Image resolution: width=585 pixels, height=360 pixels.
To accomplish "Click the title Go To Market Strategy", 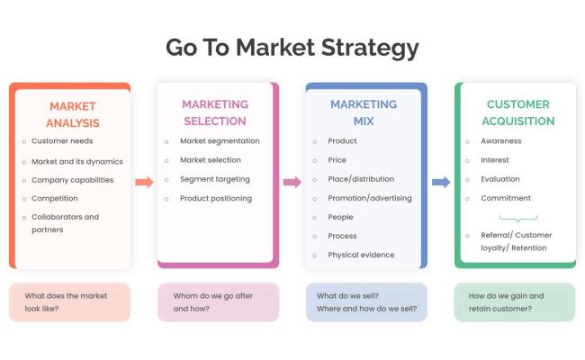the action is point(292,47).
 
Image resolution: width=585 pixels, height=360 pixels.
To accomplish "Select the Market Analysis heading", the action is point(73,114).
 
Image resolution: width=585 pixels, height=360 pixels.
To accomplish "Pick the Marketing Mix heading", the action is point(363,112).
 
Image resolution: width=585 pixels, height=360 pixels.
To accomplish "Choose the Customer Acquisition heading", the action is point(517,112).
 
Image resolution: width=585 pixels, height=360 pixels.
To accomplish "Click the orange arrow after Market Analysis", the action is point(144,182).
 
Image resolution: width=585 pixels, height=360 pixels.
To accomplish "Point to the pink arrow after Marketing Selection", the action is point(292,182).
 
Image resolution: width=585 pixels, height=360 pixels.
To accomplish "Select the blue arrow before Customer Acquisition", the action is point(441,182).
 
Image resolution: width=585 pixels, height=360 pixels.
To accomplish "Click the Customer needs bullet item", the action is point(61,141).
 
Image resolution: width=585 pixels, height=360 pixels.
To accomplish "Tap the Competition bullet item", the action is point(54,198).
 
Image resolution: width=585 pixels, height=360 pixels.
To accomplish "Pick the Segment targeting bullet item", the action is point(214,179).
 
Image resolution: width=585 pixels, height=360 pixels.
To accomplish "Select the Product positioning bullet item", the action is point(216,198).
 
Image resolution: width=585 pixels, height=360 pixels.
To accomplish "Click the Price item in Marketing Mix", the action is point(338,160).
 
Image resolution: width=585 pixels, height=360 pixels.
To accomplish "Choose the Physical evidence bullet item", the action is point(360,255).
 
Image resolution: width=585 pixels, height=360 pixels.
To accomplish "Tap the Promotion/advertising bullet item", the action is point(369,198).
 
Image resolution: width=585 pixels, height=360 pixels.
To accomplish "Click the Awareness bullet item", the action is point(501,141).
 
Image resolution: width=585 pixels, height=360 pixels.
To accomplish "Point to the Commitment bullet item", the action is point(506,198).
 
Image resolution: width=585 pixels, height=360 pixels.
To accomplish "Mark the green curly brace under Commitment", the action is point(517,218).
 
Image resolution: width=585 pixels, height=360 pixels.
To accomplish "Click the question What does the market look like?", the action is point(68,301).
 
